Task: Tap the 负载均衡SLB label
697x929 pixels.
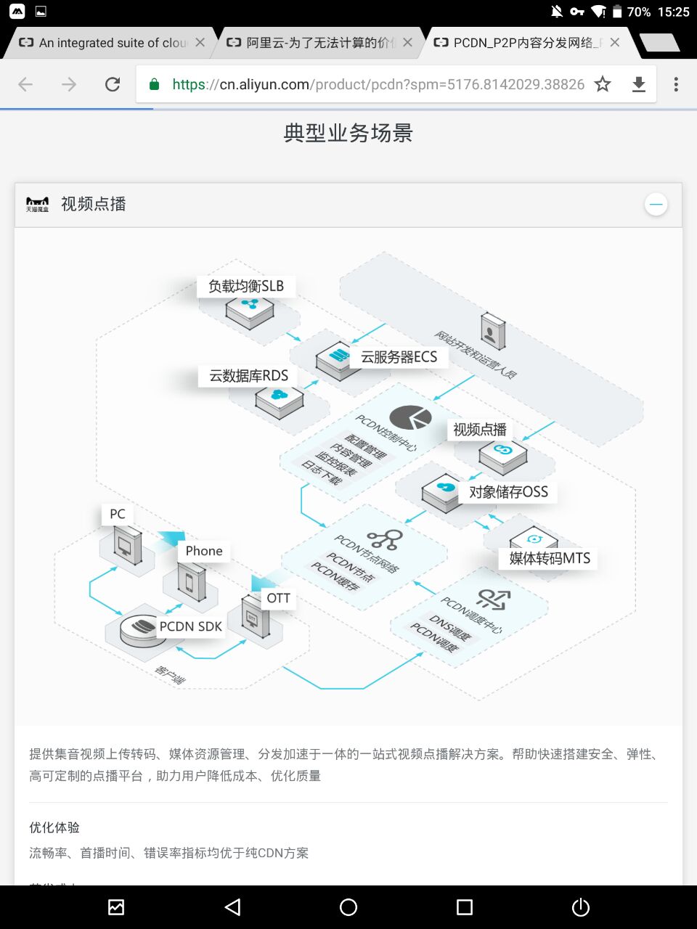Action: coord(246,286)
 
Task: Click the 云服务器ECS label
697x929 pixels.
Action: coord(399,357)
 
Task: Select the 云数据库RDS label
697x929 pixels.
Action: coord(248,376)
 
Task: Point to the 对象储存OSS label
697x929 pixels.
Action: coord(508,492)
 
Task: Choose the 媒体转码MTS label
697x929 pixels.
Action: coord(550,558)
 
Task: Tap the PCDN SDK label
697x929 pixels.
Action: coord(190,626)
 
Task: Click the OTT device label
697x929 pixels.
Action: coord(278,598)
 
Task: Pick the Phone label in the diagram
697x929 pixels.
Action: coord(204,551)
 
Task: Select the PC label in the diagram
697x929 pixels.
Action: coord(118,514)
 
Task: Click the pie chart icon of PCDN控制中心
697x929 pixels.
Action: coord(410,417)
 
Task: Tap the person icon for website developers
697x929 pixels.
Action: coord(492,332)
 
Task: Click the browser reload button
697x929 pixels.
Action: coord(113,84)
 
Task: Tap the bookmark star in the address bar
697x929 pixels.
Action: coord(603,84)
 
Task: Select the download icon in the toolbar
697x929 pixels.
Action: coord(639,84)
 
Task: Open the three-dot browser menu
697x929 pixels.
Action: coord(676,84)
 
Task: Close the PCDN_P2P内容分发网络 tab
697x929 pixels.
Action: coord(615,43)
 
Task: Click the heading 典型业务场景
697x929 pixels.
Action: coord(348,133)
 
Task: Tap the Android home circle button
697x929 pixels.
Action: coord(348,907)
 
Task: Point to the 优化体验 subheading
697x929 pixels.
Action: coord(54,827)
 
